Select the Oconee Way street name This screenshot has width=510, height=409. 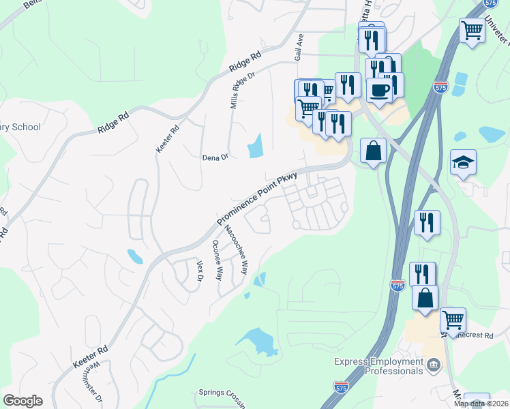(217, 260)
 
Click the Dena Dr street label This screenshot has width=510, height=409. (215, 157)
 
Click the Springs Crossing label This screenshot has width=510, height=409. (222, 393)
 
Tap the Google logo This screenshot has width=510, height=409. (23, 400)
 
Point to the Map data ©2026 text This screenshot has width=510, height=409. (481, 404)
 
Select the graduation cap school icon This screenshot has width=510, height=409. (463, 162)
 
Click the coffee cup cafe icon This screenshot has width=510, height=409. (379, 90)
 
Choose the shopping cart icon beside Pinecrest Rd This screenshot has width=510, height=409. (453, 318)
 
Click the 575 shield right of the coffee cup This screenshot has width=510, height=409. (440, 87)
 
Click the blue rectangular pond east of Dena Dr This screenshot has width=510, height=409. (256, 145)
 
